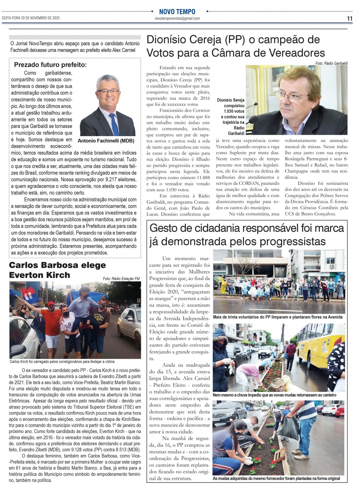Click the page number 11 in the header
point(349,19)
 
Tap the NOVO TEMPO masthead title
point(177,12)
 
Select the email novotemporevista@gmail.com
point(177,18)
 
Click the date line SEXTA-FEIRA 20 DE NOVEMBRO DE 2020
point(31,18)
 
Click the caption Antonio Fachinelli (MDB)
point(106,141)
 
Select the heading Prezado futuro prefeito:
point(50,65)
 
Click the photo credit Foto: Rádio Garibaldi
point(331,63)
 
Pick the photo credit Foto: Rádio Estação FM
point(121,279)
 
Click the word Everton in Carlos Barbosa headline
point(24,275)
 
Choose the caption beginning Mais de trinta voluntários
point(277,317)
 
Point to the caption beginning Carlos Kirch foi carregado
point(62,362)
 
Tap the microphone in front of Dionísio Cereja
point(253,119)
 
